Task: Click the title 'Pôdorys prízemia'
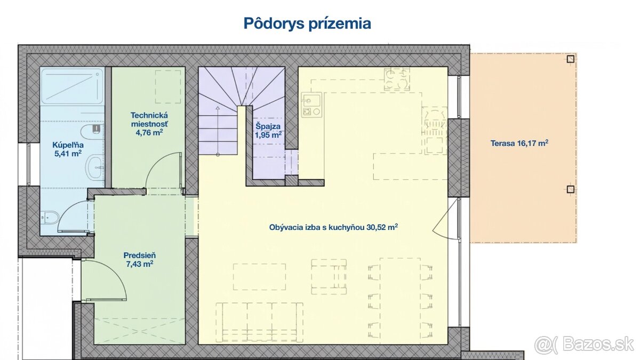point(307,23)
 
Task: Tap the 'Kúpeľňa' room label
point(68,145)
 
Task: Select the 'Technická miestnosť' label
point(149,119)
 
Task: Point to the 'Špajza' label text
point(268,126)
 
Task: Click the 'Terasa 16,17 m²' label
point(519,143)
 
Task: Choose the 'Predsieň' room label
point(139,255)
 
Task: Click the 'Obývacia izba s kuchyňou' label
point(317,227)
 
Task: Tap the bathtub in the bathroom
point(73,86)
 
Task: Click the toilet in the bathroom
point(50,218)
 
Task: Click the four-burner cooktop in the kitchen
point(397,79)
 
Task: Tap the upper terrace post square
point(570,59)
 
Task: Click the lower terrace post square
point(570,189)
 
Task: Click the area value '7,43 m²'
point(139,263)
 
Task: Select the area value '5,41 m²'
point(68,154)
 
